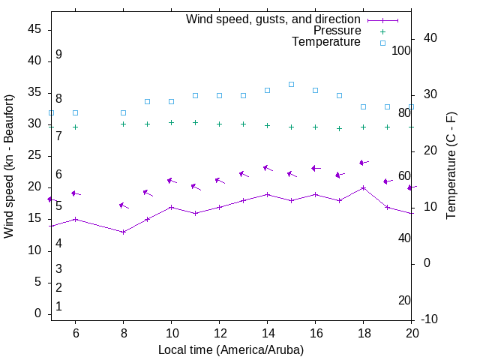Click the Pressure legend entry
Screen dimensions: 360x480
coord(337,31)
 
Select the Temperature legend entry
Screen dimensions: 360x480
coord(326,43)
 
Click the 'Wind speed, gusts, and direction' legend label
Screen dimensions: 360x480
coord(273,19)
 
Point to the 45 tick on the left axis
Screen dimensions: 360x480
coord(34,29)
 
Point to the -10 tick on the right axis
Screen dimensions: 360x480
coord(431,319)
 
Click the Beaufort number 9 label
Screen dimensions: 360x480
coord(58,55)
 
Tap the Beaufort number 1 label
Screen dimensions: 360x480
coord(58,307)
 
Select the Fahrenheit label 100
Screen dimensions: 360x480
coord(401,50)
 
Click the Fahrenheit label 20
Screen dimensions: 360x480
coord(404,300)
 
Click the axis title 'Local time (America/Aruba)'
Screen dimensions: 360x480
coord(231,349)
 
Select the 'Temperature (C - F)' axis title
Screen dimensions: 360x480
coord(451,166)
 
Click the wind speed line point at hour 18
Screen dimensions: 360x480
coord(363,187)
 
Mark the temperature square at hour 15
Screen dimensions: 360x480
coord(291,84)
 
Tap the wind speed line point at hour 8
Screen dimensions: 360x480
coord(123,232)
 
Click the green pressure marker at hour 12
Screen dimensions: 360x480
coord(219,124)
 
